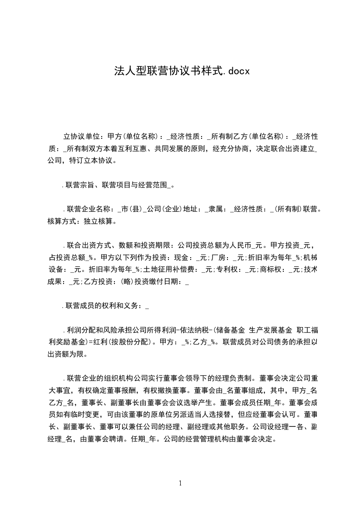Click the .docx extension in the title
[x=236, y=71]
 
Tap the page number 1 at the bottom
[x=180, y=483]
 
